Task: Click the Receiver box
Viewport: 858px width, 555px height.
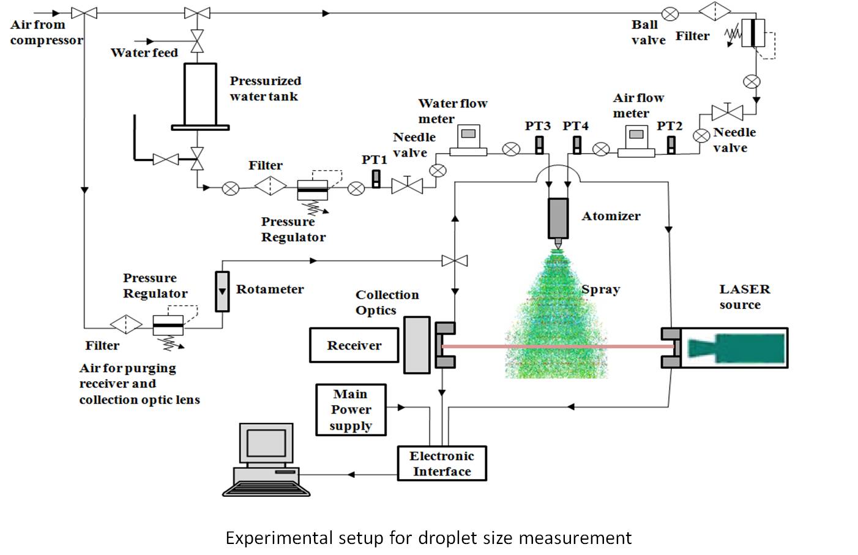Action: pos(354,345)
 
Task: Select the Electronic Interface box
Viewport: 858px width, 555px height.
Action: pos(441,463)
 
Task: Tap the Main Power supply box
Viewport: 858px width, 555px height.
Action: pos(351,410)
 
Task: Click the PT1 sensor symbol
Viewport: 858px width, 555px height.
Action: pos(376,179)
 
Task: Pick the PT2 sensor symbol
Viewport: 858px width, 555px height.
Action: pos(671,144)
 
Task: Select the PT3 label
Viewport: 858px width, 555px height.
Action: pos(537,126)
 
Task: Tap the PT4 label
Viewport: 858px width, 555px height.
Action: pos(575,126)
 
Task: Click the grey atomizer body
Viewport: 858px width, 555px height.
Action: pos(558,218)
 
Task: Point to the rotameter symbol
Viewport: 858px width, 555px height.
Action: pos(223,291)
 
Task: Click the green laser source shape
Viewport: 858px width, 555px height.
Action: pos(736,348)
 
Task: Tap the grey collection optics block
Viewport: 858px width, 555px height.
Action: pos(417,345)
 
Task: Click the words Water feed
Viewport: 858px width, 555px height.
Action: pos(144,53)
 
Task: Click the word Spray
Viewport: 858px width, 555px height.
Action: pos(600,289)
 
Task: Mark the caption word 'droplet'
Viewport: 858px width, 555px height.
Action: pos(445,538)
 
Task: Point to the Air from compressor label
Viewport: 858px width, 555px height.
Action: pos(46,32)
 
